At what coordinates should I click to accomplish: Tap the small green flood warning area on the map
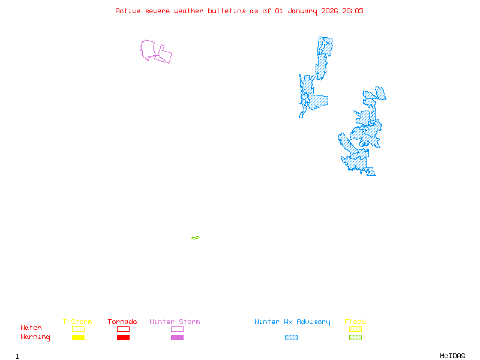tap(196, 238)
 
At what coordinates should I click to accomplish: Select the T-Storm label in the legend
tap(77, 322)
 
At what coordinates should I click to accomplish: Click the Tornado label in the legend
tap(122, 322)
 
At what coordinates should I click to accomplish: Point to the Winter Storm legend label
tap(175, 322)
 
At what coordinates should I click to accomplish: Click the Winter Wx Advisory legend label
tap(292, 322)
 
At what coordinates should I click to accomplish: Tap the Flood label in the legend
tap(355, 322)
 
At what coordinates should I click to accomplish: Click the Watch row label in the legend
tap(31, 328)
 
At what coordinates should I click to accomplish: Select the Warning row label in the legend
tap(35, 337)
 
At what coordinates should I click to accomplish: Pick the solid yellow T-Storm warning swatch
tap(78, 338)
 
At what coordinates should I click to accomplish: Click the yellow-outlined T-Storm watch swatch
tap(78, 329)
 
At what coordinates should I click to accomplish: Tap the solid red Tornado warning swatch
tap(123, 338)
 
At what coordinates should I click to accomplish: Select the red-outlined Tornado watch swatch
tap(123, 329)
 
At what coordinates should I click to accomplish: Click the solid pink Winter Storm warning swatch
tap(177, 338)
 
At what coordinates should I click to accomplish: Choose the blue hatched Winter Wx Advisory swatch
tap(291, 338)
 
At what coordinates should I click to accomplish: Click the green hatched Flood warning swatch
tap(355, 338)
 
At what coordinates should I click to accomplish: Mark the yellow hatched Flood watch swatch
tap(355, 329)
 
